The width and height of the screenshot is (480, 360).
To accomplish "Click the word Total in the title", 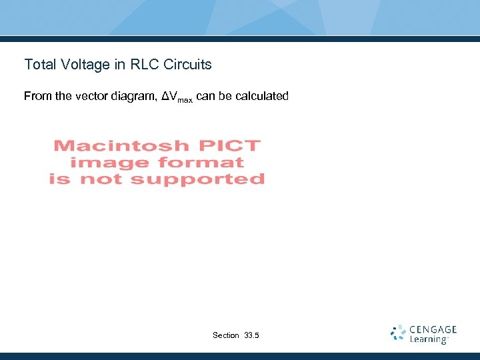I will tap(39, 65).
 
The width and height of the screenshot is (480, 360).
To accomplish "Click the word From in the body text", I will tap(38, 96).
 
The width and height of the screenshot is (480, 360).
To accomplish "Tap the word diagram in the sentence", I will tap(135, 97).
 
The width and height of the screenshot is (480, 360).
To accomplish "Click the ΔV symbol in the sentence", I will tap(169, 96).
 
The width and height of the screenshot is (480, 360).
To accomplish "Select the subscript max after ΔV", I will tap(185, 99).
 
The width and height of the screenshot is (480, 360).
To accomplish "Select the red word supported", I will tap(197, 179).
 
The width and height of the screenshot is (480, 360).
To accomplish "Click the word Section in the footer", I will tap(226, 335).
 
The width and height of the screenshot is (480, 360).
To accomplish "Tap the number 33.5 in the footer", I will tap(253, 335).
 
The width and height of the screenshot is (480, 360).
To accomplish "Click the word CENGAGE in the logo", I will tap(433, 329).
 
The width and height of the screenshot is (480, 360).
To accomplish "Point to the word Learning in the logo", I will tap(428, 339).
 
